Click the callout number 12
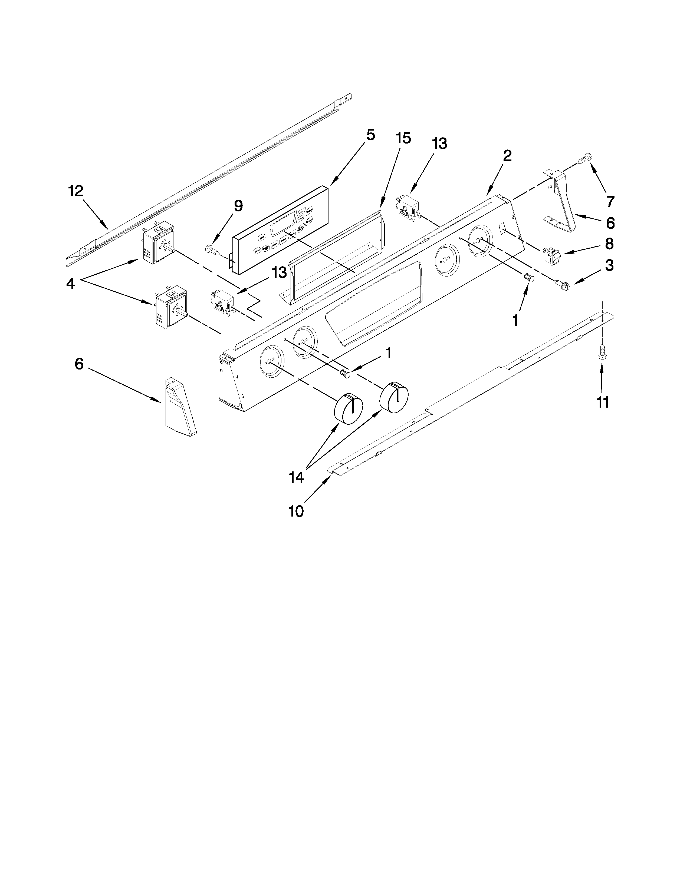coord(75,191)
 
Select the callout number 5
coord(370,135)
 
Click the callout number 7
coord(610,201)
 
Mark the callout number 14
coord(296,477)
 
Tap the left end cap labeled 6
coord(179,406)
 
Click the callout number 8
coord(609,244)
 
